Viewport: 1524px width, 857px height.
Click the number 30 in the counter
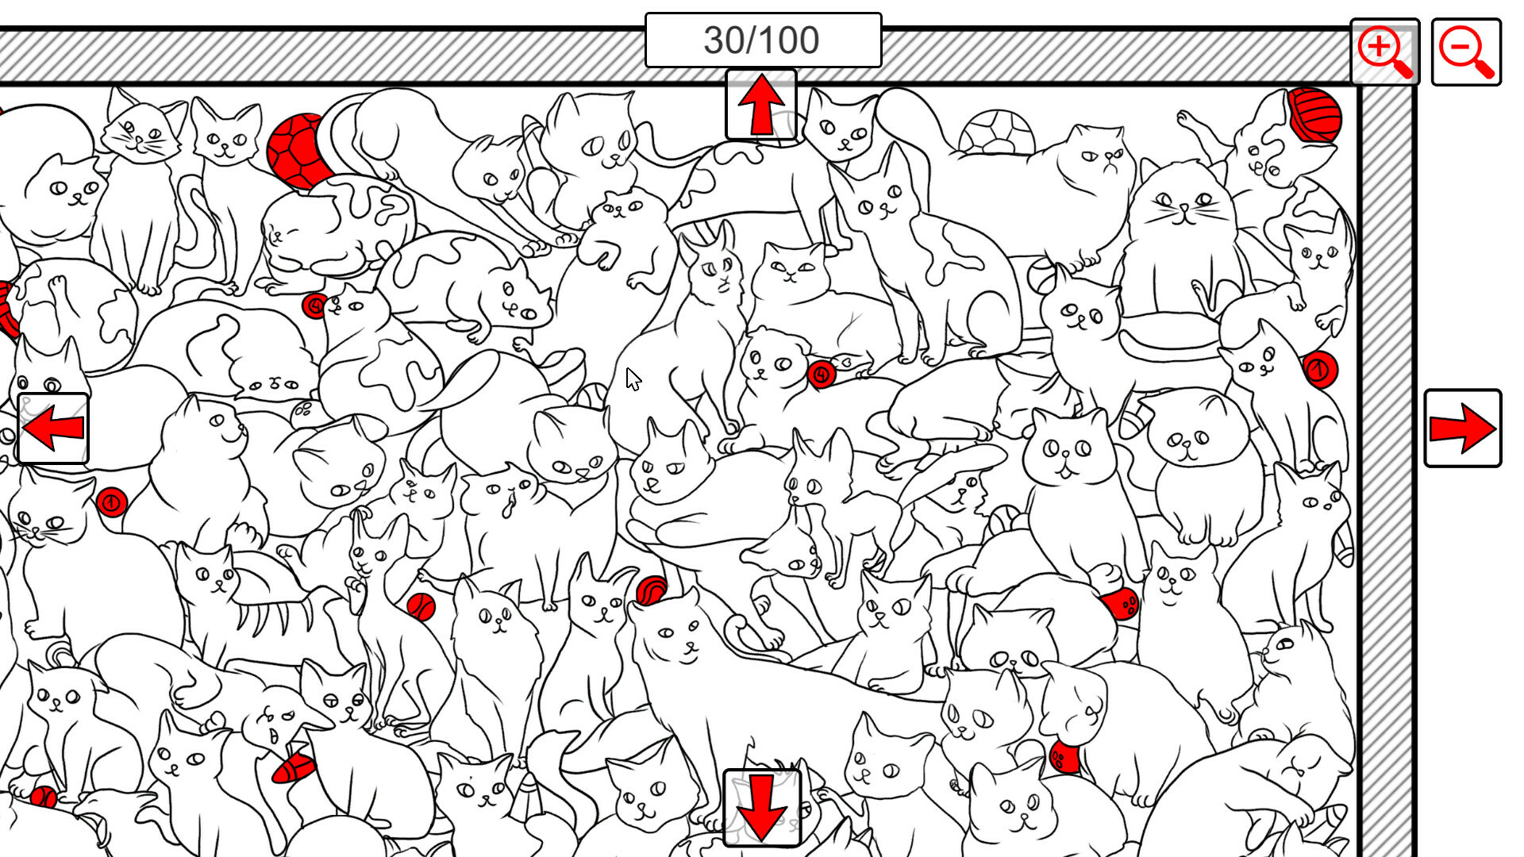pyautogui.click(x=725, y=40)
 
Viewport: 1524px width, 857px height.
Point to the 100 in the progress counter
pyautogui.click(x=787, y=40)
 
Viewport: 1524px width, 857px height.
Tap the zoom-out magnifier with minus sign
pyautogui.click(x=1466, y=52)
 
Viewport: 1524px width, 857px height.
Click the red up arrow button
pyautogui.click(x=760, y=105)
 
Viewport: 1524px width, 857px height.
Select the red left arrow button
pyautogui.click(x=53, y=428)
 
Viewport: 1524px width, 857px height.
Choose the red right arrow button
pyautogui.click(x=1462, y=428)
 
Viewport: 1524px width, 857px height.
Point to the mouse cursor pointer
pyautogui.click(x=633, y=379)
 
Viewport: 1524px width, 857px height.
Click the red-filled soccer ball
pyautogui.click(x=296, y=151)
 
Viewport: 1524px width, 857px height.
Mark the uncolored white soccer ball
pyautogui.click(x=997, y=133)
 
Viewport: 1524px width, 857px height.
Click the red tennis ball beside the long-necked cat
pyautogui.click(x=421, y=607)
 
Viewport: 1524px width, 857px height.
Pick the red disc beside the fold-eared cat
pyautogui.click(x=822, y=374)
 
